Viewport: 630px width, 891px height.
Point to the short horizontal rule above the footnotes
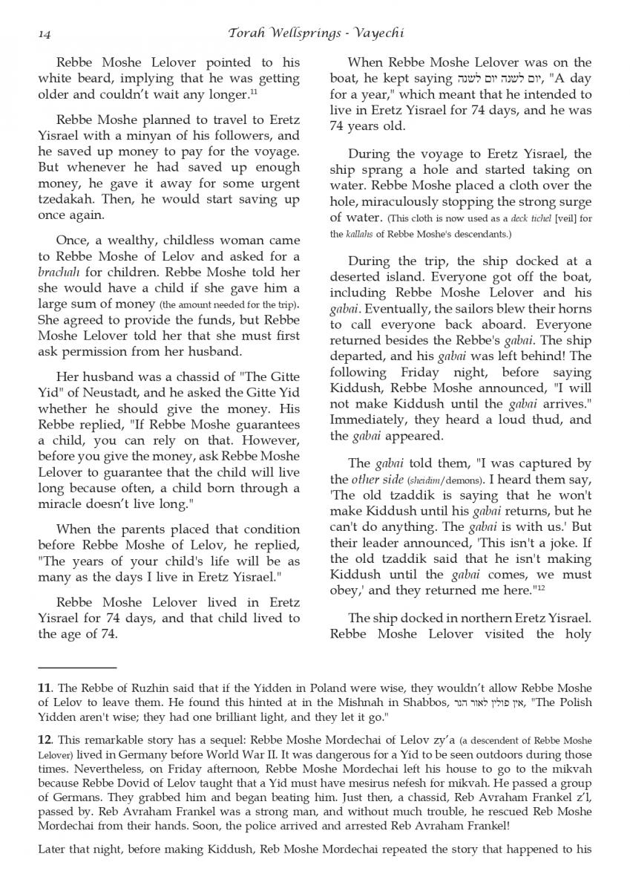[x=77, y=667]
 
